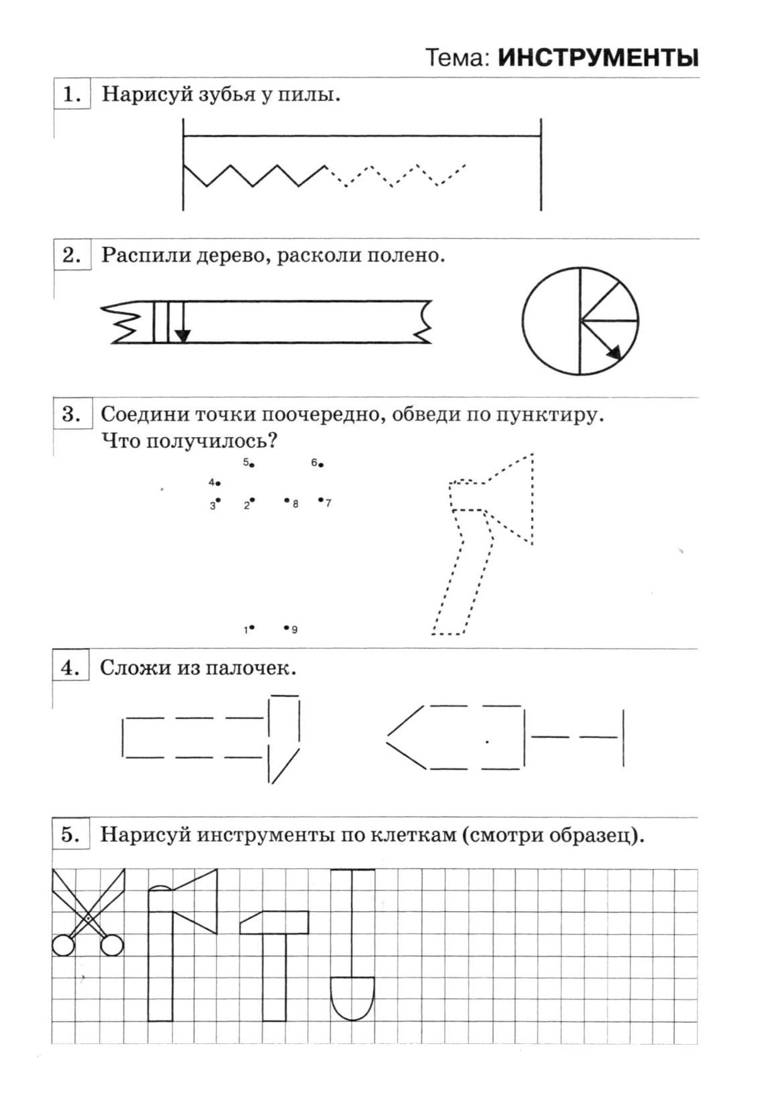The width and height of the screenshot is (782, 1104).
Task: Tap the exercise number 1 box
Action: [72, 94]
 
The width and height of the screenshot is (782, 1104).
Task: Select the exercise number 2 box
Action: [72, 255]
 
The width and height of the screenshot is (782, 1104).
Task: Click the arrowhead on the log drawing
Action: [182, 336]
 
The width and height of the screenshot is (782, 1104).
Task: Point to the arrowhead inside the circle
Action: [614, 352]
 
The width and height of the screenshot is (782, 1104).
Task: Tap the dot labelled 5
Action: [252, 465]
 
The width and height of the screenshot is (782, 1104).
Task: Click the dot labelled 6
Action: [321, 465]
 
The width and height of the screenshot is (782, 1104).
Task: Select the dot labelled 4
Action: [218, 484]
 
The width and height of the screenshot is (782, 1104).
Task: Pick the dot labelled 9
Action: [286, 627]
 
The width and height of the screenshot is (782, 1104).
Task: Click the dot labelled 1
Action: [252, 627]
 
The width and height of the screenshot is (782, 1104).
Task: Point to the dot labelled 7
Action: [321, 500]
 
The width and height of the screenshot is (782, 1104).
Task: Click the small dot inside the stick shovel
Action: [487, 742]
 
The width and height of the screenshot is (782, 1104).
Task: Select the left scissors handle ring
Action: [63, 945]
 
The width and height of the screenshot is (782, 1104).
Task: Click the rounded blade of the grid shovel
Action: [352, 998]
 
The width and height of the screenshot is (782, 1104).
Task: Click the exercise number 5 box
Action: [71, 835]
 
